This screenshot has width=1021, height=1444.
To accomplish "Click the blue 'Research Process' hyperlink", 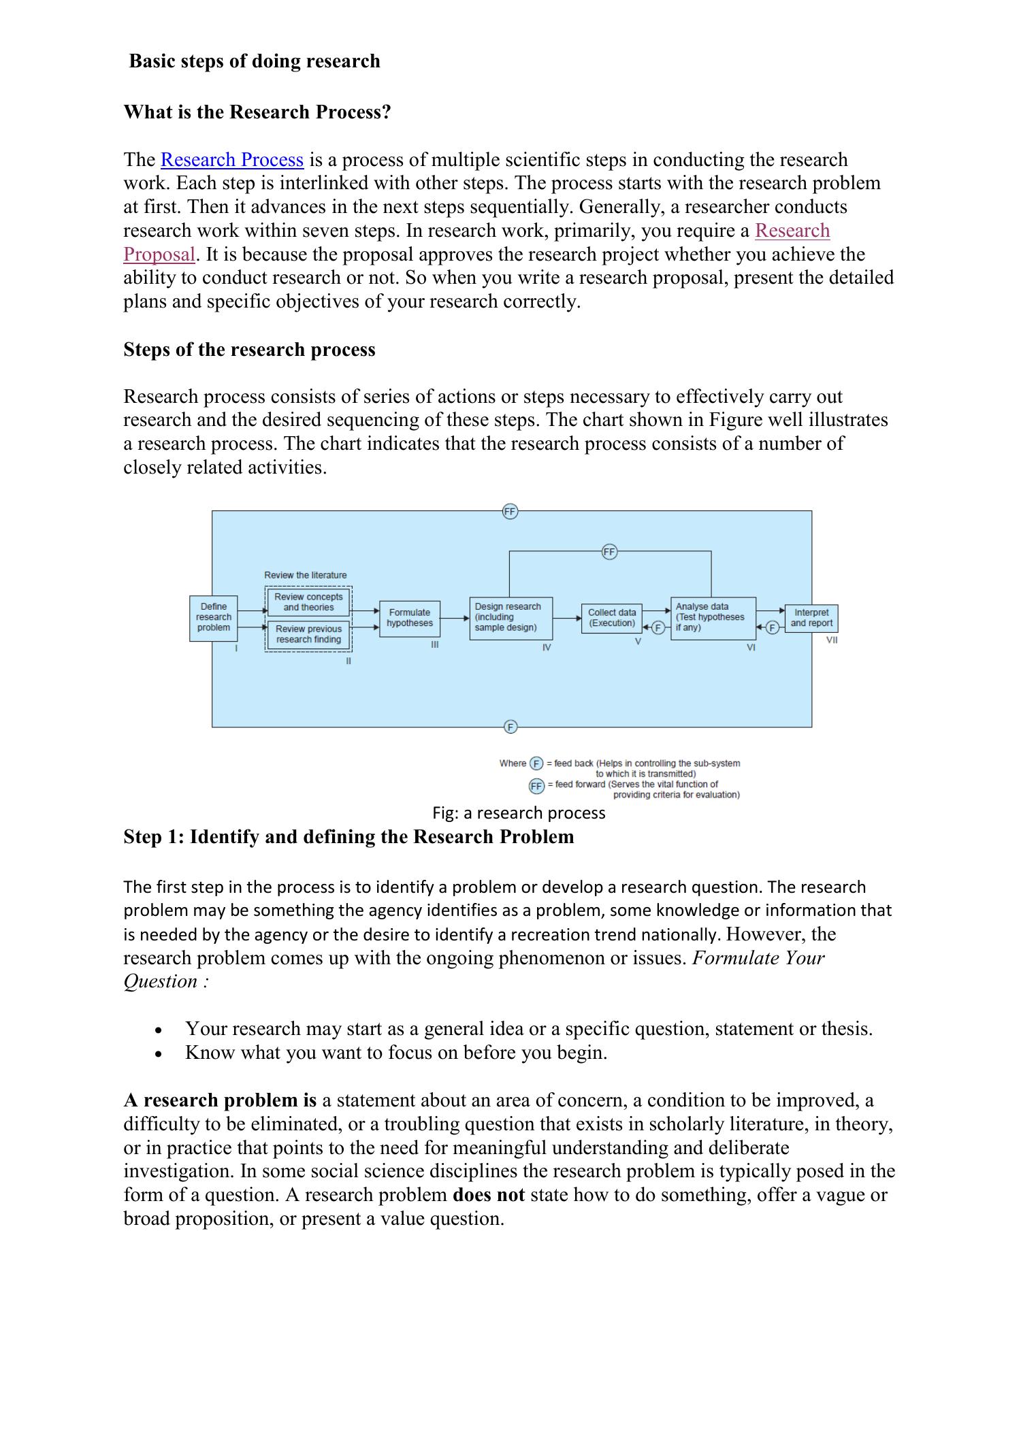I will [231, 160].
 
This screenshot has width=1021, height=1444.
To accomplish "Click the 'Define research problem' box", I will [214, 617].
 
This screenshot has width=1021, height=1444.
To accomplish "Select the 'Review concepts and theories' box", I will [308, 602].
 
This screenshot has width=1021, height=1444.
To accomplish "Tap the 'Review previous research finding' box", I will [308, 634].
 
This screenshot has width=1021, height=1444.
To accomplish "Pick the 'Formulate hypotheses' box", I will [410, 618].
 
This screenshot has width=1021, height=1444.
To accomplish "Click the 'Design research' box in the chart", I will [510, 617].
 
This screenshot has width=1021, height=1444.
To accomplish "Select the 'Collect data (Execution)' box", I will [611, 618].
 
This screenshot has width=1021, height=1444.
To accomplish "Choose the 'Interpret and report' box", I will [811, 618].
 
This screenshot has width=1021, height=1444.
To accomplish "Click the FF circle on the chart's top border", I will [510, 511].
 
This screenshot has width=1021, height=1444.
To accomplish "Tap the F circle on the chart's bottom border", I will [510, 727].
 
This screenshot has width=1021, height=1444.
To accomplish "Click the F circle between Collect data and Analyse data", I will [658, 628].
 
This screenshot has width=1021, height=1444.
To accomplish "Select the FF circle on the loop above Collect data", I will [609, 552].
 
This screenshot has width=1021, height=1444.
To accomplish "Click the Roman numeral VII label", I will [832, 640].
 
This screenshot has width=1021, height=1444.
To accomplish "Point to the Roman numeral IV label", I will [546, 648].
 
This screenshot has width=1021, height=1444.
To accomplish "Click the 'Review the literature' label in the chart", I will [305, 575].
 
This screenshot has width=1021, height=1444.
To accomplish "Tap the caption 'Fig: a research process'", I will [519, 813].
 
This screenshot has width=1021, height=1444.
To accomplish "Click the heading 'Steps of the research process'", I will [249, 350].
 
